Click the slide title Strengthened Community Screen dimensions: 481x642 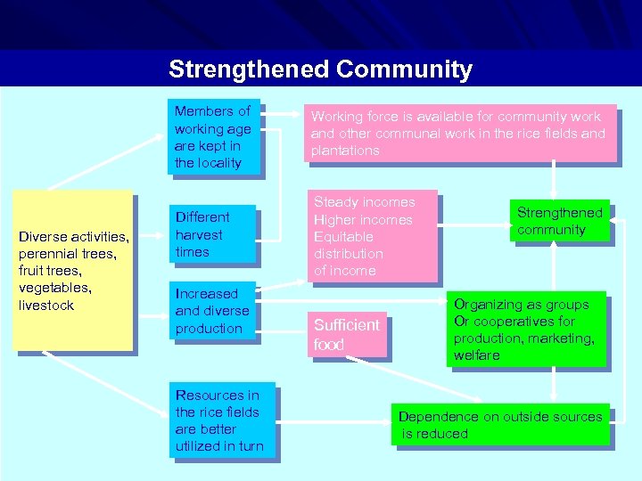[320, 69]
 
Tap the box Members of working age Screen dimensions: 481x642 [214, 136]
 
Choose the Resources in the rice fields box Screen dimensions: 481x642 [222, 420]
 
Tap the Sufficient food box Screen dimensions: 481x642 [348, 334]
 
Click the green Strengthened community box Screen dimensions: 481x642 [559, 221]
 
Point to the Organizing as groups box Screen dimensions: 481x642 [525, 330]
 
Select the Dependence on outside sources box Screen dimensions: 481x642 [500, 425]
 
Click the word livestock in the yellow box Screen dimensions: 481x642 [46, 306]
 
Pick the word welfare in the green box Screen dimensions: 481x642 [477, 355]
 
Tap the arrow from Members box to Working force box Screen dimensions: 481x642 [284, 116]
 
